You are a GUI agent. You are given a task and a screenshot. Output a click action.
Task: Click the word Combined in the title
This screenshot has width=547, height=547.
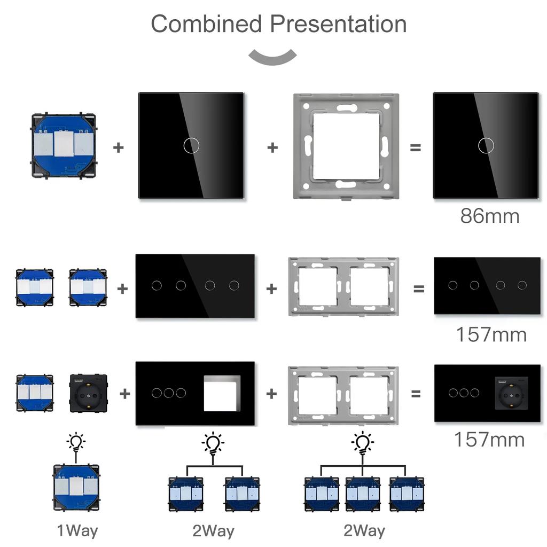(206, 24)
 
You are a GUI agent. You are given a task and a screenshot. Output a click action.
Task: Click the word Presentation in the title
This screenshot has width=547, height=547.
(338, 24)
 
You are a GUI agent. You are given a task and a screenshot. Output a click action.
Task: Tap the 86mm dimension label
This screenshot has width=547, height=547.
(489, 216)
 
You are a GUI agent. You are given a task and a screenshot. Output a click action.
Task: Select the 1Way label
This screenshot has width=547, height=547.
(77, 530)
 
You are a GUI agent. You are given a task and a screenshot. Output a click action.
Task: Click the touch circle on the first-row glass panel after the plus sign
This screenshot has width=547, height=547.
(190, 145)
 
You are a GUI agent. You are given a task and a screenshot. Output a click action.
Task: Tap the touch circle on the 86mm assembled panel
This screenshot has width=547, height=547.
(486, 145)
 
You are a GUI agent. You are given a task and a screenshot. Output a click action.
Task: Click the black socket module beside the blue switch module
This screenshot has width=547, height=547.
(88, 393)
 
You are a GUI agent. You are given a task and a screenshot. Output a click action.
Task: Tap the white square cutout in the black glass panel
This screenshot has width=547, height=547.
(222, 393)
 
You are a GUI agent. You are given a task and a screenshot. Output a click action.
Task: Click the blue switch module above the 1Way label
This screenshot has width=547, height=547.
(76, 487)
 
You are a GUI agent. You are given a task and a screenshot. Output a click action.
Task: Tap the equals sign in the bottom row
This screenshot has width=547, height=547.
(416, 394)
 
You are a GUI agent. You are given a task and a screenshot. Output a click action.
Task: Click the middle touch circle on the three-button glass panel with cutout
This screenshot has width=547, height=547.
(169, 393)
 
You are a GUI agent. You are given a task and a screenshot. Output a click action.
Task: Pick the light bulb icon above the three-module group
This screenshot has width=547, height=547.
(363, 443)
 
